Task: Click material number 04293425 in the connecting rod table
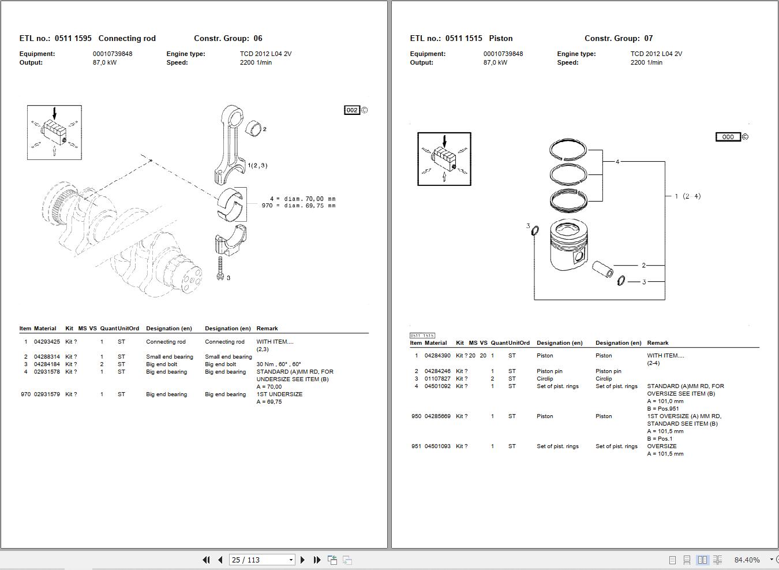(x=47, y=342)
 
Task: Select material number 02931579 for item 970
(x=47, y=394)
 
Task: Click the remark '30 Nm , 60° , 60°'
(x=279, y=364)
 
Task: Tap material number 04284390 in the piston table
(x=437, y=356)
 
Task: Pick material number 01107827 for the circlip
(x=437, y=379)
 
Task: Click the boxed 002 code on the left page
(x=352, y=110)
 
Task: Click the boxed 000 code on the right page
(x=728, y=137)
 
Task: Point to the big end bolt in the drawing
(x=220, y=268)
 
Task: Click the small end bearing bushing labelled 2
(x=254, y=128)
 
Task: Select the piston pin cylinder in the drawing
(x=603, y=269)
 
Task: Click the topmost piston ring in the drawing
(x=568, y=150)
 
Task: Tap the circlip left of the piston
(x=535, y=231)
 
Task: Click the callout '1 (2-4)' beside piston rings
(x=687, y=196)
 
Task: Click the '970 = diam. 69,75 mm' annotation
(x=298, y=206)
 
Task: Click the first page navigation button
(x=206, y=560)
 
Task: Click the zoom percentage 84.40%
(x=747, y=560)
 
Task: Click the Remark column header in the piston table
(x=658, y=343)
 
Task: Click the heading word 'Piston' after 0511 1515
(x=500, y=39)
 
